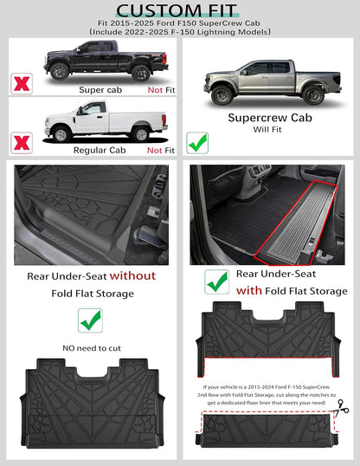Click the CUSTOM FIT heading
pos(179,9)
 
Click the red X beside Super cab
pos(18,84)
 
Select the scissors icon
pos(344,404)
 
